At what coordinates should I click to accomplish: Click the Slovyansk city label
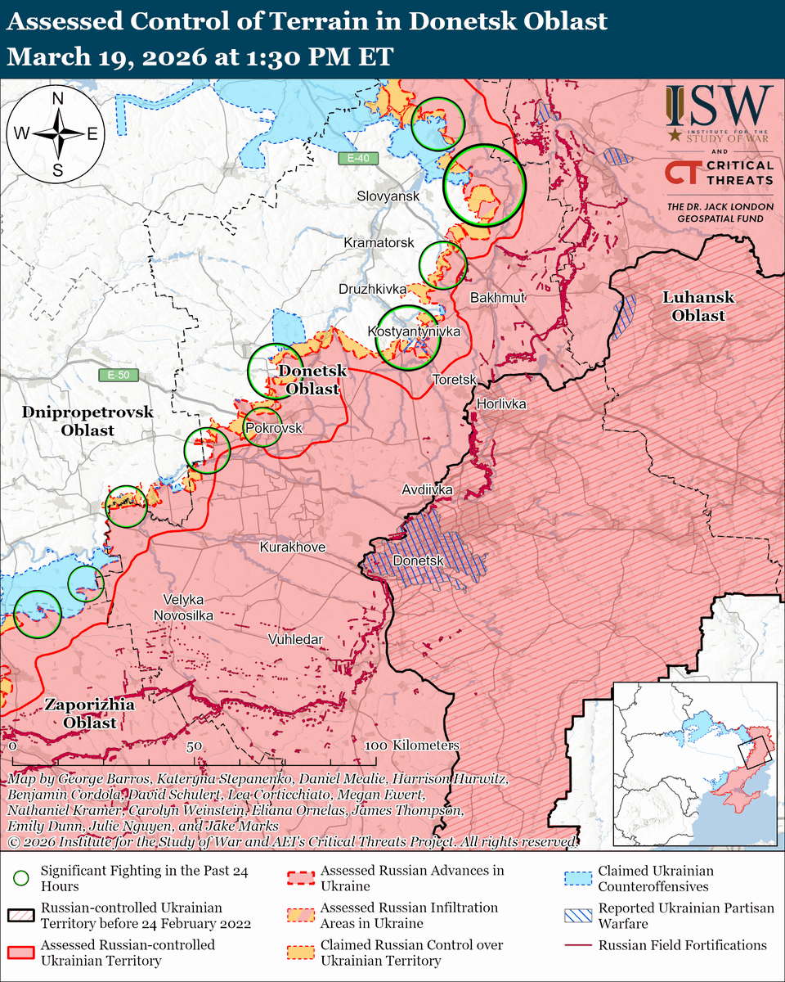388,196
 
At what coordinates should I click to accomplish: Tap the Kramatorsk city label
379,244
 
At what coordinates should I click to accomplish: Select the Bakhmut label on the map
497,298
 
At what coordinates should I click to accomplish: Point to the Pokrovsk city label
274,429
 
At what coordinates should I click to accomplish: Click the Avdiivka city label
427,490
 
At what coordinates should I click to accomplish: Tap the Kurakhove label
293,547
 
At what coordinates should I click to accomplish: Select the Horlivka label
501,404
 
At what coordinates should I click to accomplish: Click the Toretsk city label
454,380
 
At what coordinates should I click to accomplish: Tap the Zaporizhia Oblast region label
80,714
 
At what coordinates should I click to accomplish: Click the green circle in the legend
22,878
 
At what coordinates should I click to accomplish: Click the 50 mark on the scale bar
194,746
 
